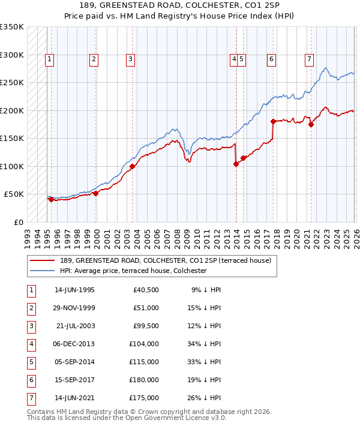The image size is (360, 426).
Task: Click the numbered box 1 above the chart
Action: point(49,59)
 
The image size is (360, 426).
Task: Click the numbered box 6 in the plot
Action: point(272,59)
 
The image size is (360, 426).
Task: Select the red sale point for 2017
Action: point(273,121)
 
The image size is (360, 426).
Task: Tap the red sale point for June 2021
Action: point(311,124)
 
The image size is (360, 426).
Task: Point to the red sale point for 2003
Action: point(132,166)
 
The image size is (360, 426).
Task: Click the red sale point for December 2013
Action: point(236,164)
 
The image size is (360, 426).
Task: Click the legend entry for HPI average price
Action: point(133,271)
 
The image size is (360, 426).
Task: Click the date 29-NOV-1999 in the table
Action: point(74,308)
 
